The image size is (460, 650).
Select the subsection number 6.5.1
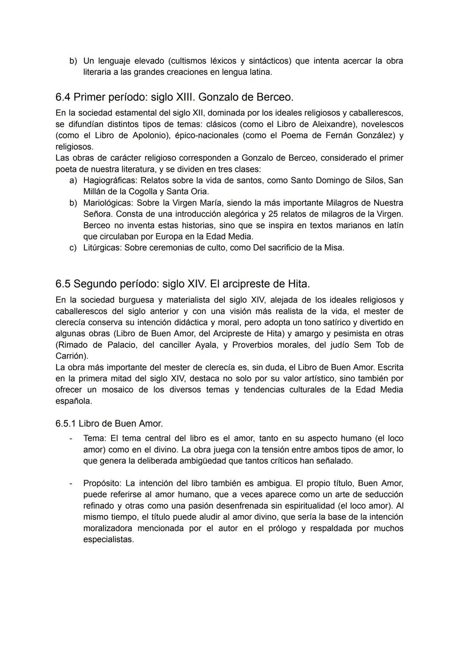(x=65, y=424)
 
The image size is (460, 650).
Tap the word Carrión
(x=71, y=356)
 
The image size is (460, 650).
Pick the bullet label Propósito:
(x=103, y=483)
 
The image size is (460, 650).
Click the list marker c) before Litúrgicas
(x=73, y=248)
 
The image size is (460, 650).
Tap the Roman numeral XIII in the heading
(x=184, y=97)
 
